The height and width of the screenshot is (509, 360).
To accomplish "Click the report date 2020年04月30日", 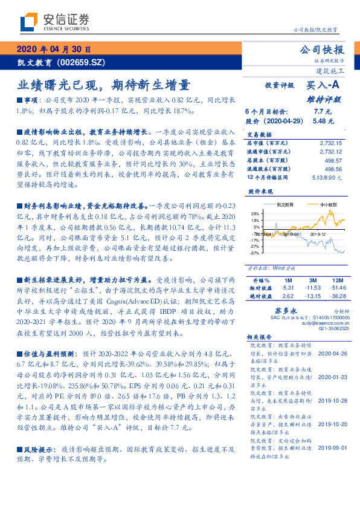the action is [x=54, y=50].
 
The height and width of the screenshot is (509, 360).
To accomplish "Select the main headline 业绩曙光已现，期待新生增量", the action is [x=103, y=84].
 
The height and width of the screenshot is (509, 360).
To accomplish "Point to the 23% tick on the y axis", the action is [x=256, y=213].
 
